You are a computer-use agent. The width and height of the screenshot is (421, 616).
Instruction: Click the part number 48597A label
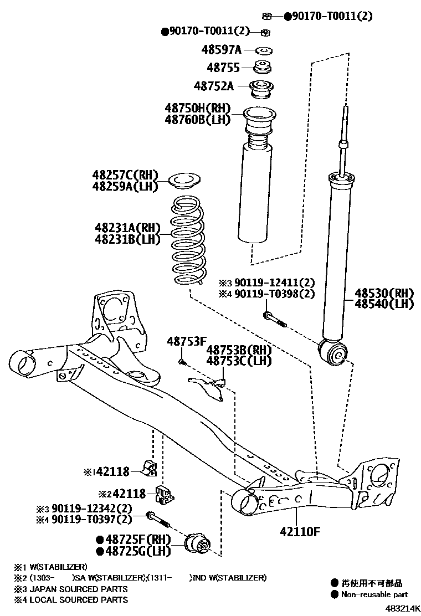[221, 50]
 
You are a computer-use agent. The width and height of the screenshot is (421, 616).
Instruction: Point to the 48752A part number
[214, 86]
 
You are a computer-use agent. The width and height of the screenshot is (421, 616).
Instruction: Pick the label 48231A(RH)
[127, 228]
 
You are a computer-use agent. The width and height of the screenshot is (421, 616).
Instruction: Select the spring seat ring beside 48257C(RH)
[183, 181]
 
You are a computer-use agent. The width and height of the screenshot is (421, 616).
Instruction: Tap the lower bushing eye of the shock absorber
[333, 353]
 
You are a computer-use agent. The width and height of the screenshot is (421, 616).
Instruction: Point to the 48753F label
[186, 342]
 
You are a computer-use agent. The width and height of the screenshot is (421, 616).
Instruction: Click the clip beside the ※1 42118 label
[150, 468]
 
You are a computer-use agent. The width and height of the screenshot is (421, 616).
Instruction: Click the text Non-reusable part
[375, 594]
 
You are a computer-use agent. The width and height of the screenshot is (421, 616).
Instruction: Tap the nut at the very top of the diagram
[267, 16]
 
